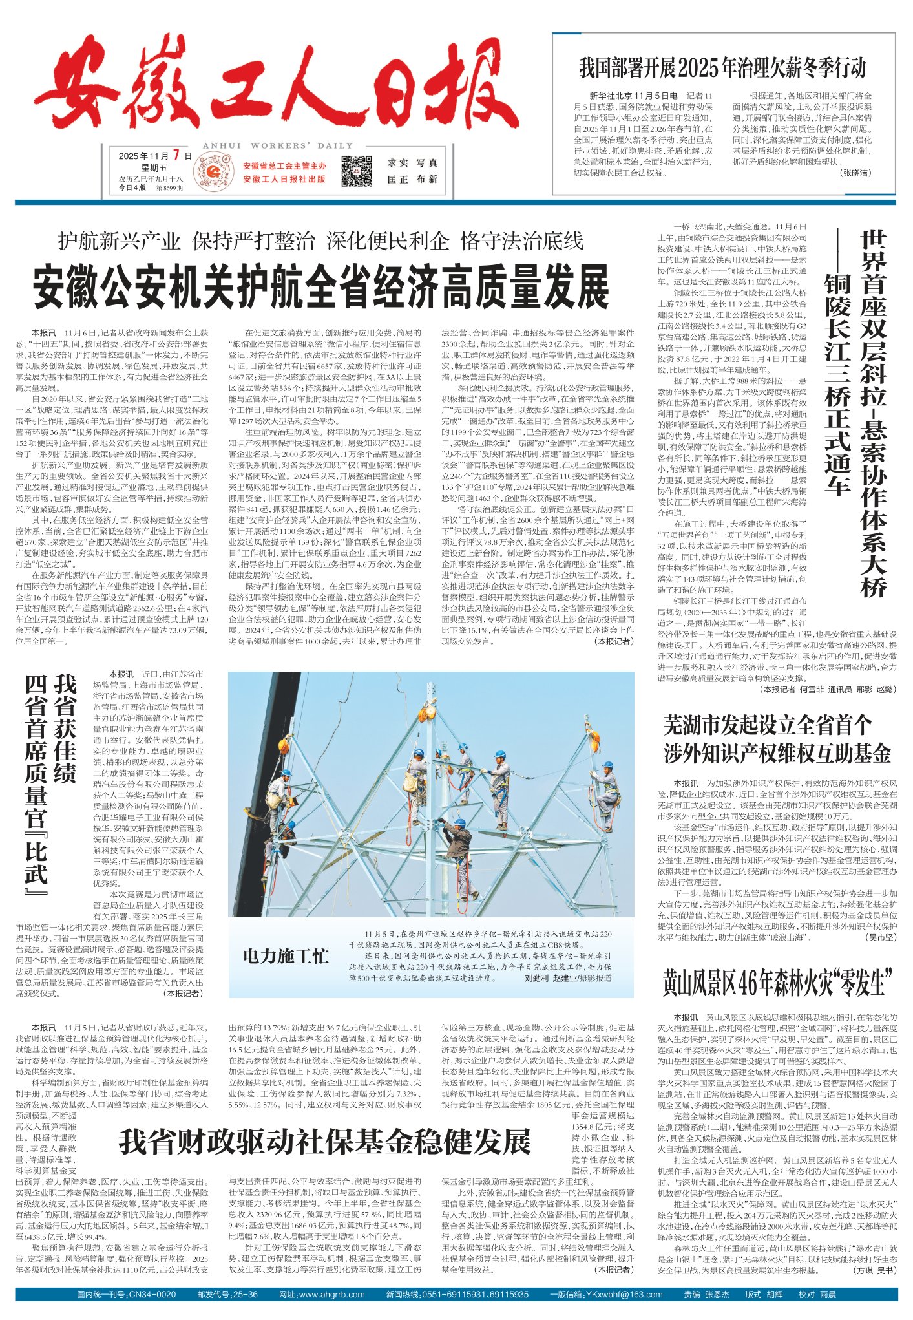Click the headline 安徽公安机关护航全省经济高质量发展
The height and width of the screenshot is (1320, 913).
pos(321,287)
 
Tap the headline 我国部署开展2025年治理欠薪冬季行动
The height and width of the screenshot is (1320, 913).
pos(722,67)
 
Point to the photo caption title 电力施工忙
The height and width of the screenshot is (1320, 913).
pos(286,956)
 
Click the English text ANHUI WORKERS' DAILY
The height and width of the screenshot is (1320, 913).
pos(277,145)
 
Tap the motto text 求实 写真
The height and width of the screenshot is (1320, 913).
pos(412,163)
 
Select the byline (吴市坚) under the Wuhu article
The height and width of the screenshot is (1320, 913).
pos(881,937)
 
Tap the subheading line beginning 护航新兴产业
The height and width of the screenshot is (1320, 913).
pos(320,241)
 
